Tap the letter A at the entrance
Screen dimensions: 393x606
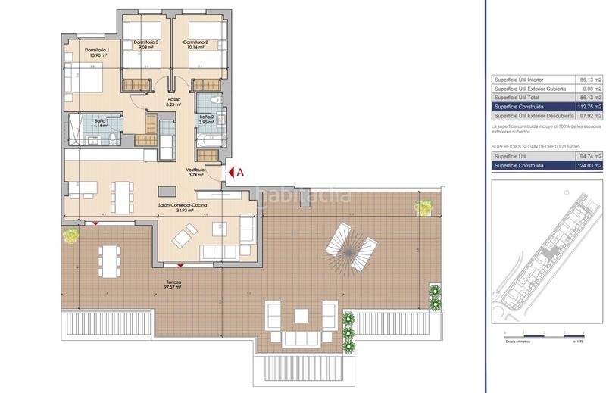click(241, 172)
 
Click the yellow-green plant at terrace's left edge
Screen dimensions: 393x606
click(70, 235)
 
